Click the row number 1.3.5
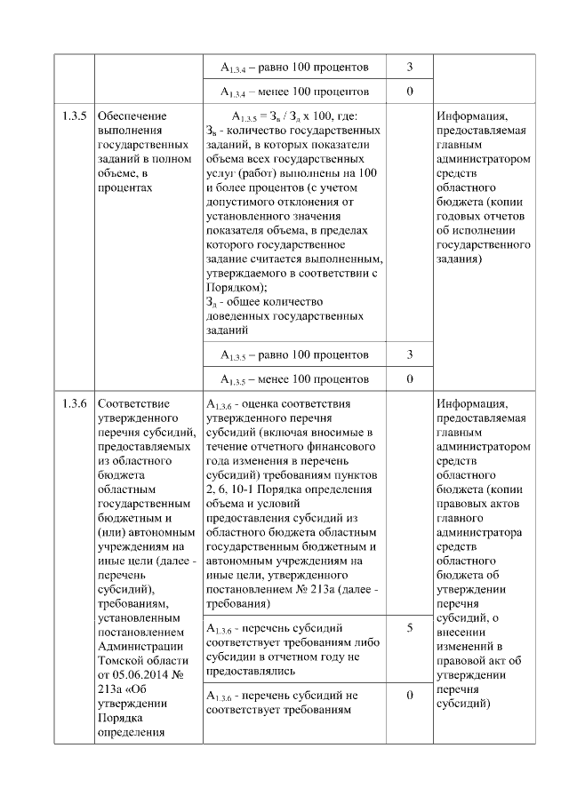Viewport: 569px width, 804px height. [x=74, y=116]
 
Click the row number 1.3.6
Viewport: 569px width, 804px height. [x=74, y=403]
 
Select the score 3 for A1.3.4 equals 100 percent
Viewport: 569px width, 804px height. [x=409, y=68]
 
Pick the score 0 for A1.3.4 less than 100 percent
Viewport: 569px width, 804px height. [x=409, y=92]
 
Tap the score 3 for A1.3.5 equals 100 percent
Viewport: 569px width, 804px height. [x=409, y=354]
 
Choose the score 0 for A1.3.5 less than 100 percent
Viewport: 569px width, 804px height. [x=409, y=379]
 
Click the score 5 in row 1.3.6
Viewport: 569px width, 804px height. [x=409, y=628]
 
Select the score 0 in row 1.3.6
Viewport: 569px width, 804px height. [x=409, y=695]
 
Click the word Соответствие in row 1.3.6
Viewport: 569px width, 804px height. [x=134, y=403]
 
